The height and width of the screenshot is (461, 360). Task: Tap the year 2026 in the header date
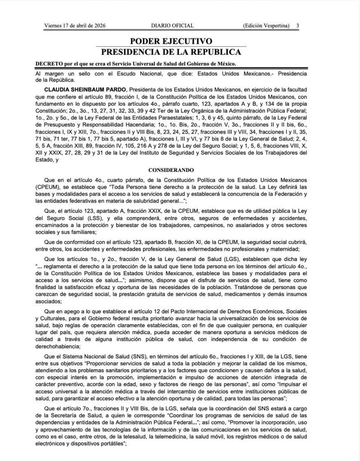pos(109,26)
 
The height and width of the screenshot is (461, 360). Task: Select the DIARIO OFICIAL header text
pos(173,26)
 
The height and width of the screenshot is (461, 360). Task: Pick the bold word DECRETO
pos(48,64)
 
